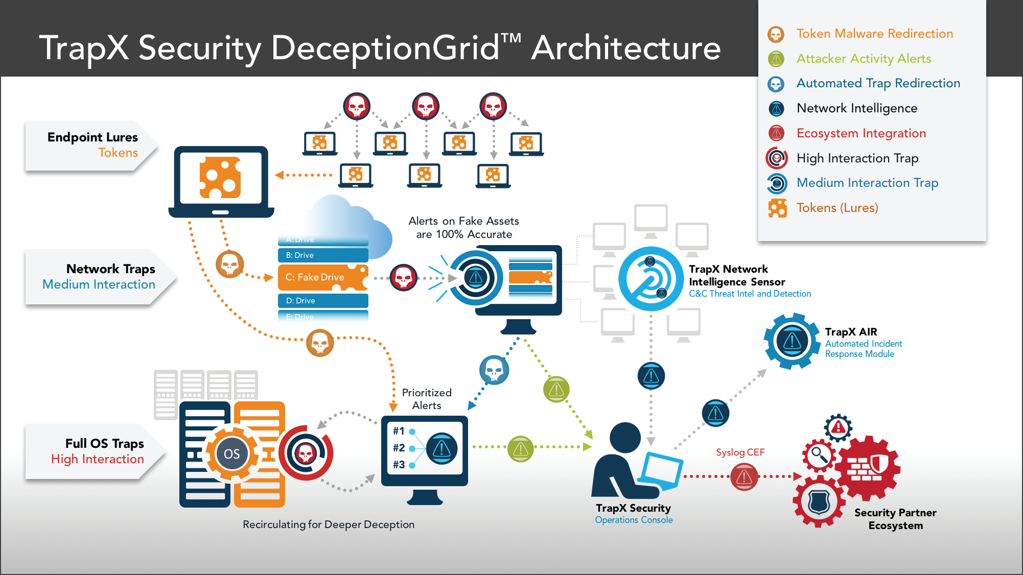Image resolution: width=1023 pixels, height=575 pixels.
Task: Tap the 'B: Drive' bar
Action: [322, 255]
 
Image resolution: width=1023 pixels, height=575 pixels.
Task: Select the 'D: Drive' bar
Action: [322, 301]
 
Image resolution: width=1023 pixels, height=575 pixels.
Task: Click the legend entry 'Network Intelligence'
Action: [856, 108]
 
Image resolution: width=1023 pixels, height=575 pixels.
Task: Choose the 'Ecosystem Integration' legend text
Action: [861, 133]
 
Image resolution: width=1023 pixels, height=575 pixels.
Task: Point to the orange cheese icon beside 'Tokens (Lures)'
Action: [777, 208]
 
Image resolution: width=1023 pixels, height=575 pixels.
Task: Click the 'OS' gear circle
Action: [231, 454]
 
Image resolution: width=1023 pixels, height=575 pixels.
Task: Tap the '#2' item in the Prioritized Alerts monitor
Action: [399, 448]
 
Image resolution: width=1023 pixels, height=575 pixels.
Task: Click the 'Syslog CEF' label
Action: [740, 452]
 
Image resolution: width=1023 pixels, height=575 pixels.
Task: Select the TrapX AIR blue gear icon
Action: [792, 341]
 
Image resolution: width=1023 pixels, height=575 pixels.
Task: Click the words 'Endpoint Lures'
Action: [92, 137]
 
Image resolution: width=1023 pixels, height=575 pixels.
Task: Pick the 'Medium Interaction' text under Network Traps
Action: [99, 284]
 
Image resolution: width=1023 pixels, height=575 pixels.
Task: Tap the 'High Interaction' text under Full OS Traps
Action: [98, 459]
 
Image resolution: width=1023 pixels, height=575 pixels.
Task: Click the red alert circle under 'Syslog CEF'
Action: [744, 477]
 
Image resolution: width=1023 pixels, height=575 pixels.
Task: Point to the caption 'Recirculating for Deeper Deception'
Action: [329, 524]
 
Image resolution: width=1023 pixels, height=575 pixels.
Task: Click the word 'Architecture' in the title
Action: [626, 49]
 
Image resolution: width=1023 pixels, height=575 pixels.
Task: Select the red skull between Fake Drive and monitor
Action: [404, 278]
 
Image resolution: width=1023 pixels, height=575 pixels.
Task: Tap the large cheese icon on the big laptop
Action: [220, 178]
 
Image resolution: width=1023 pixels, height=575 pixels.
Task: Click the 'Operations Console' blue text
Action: [634, 520]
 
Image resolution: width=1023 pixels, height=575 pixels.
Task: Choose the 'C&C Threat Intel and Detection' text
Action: [750, 294]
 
